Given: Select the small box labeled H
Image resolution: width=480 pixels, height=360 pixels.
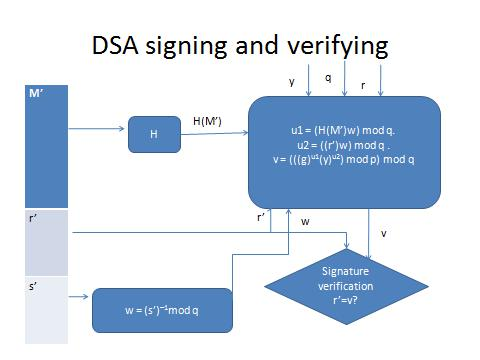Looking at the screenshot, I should point(153,134).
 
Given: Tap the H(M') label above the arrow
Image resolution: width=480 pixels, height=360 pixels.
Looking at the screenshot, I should point(208,120).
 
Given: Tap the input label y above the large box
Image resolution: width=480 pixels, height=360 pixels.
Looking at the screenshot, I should point(292,82).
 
